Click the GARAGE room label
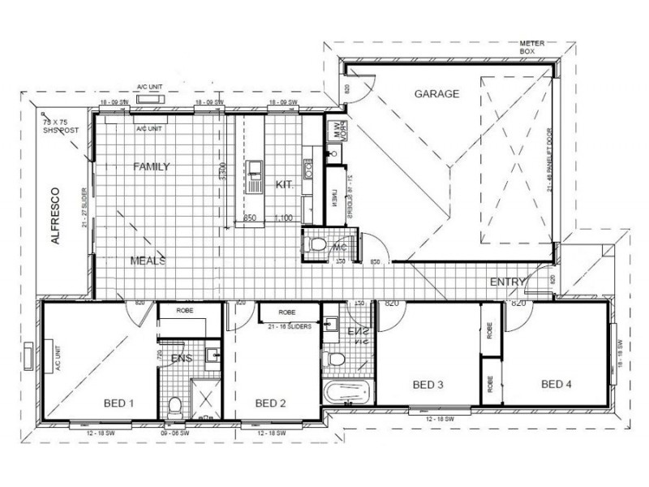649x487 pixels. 436,94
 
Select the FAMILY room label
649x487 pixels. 151,167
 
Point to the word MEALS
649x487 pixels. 148,261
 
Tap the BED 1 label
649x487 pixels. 119,403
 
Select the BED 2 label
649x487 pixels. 269,403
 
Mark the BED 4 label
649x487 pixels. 557,384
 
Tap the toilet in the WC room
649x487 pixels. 318,243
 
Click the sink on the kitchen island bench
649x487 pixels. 255,170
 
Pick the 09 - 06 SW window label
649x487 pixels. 174,433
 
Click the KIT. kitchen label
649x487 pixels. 284,185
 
